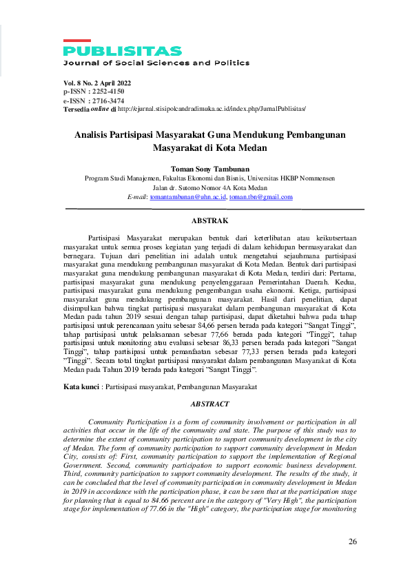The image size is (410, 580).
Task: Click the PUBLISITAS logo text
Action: click(123, 51)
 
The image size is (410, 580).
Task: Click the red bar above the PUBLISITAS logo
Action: click(76, 41)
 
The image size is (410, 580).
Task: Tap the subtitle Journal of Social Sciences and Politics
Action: click(156, 63)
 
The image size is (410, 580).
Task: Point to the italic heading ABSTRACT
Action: click(209, 404)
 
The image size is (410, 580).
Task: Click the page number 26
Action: click(353, 541)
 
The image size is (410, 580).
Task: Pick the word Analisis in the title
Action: click(94, 135)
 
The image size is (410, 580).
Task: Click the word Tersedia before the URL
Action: click(76, 109)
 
